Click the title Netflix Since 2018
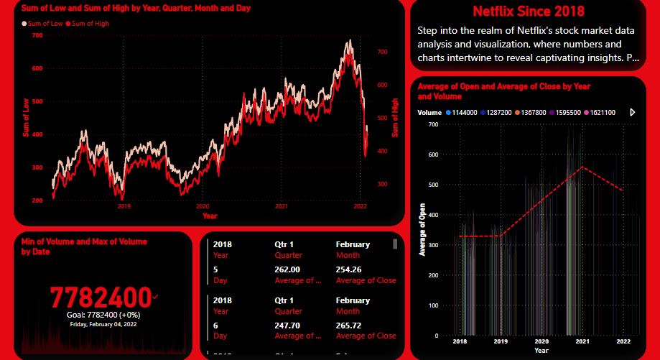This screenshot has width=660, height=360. pyautogui.click(x=529, y=11)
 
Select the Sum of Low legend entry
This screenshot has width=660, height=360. pyautogui.click(x=43, y=24)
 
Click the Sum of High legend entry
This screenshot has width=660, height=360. pyautogui.click(x=88, y=24)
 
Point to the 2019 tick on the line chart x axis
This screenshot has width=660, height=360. pyautogui.click(x=124, y=206)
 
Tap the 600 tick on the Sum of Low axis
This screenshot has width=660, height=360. pyautogui.click(x=37, y=68)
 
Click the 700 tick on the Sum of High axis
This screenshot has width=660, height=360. pyautogui.click(x=382, y=52)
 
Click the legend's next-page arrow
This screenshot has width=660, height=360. pyautogui.click(x=633, y=113)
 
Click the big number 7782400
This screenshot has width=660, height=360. pyautogui.click(x=101, y=297)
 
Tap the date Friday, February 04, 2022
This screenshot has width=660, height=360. pyautogui.click(x=103, y=324)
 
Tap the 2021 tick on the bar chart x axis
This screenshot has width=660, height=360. pyautogui.click(x=582, y=341)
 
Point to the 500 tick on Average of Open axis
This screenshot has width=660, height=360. pyautogui.click(x=432, y=185)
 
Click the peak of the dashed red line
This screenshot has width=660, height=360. pyautogui.click(x=582, y=167)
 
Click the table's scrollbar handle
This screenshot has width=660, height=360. pyautogui.click(x=394, y=244)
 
